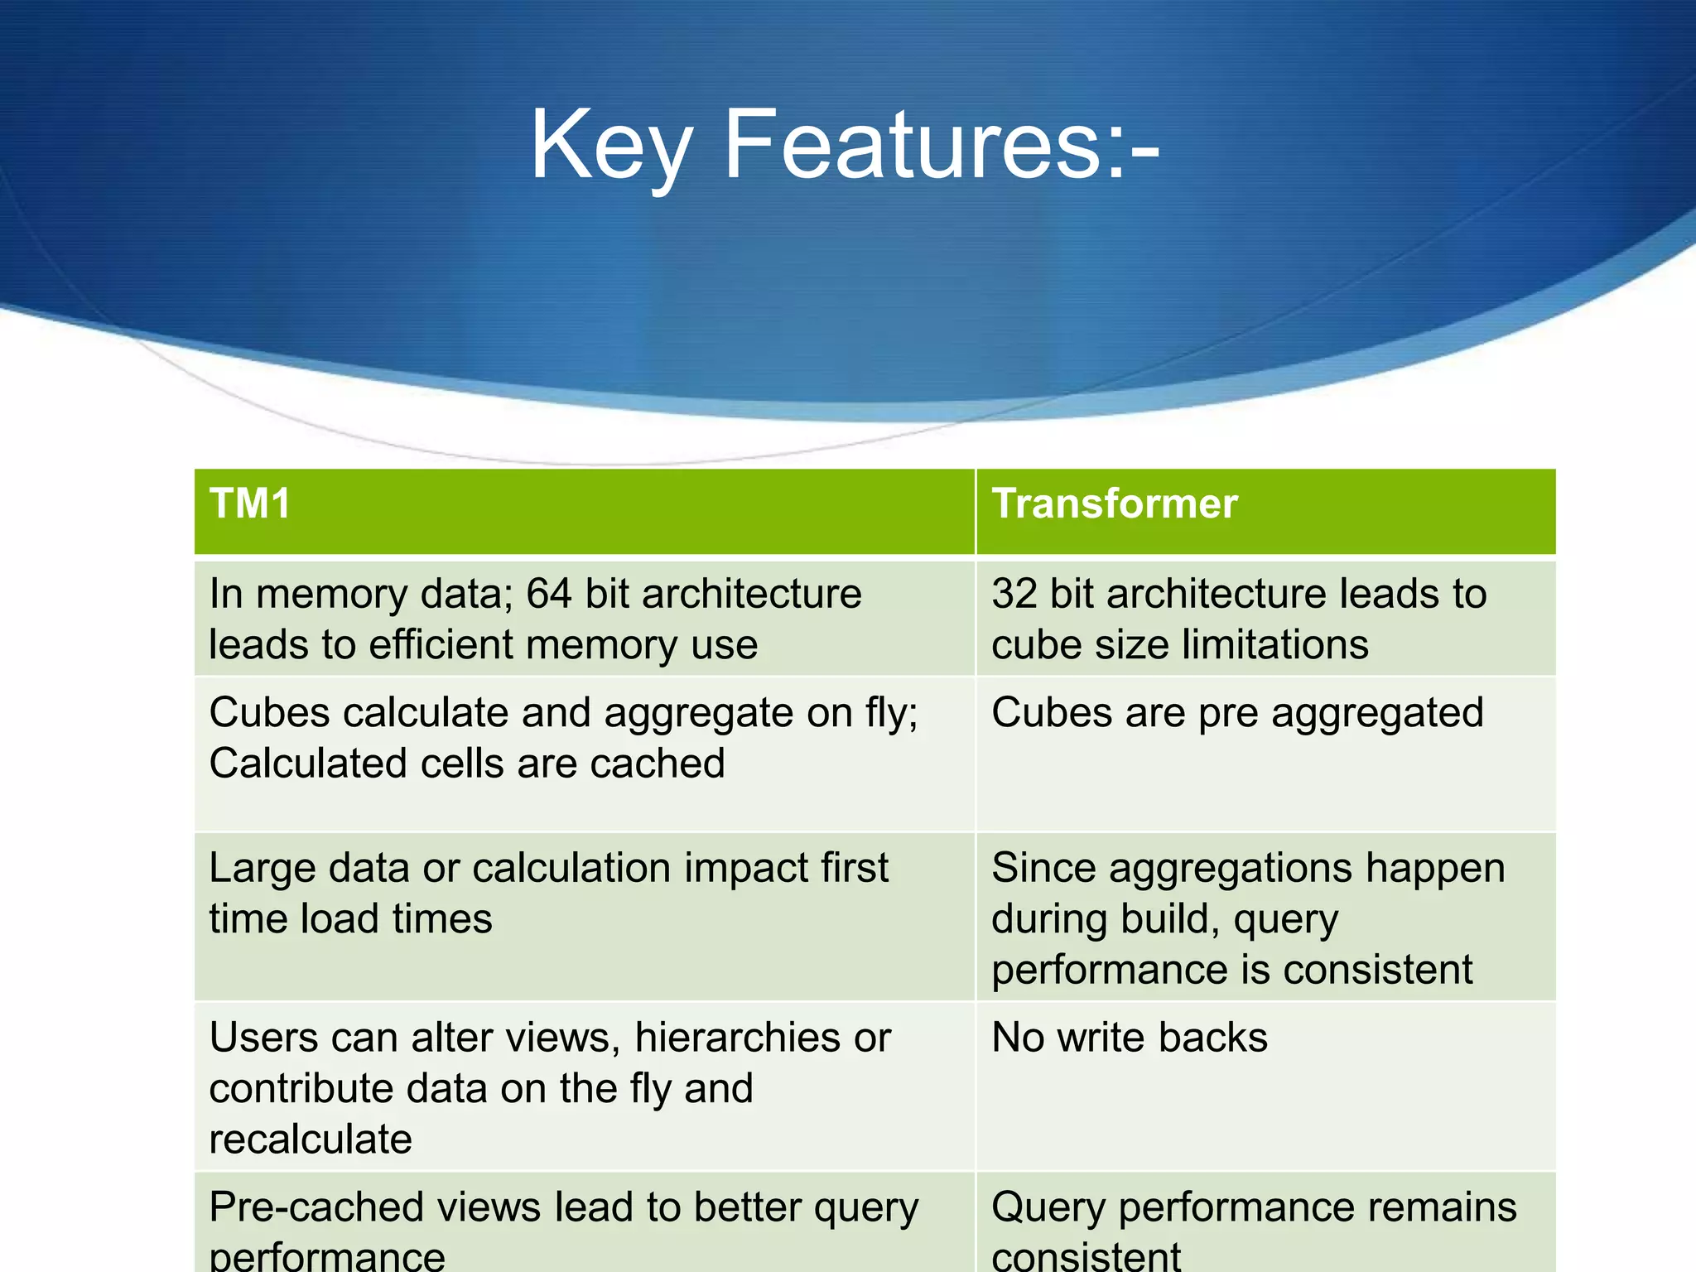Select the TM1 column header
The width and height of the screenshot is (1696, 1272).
[x=249, y=503]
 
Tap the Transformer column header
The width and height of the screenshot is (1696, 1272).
[x=1115, y=503]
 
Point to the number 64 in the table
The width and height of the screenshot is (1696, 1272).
[x=548, y=594]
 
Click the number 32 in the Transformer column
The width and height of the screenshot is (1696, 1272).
[x=1014, y=594]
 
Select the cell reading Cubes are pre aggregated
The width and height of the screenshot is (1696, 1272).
[x=1237, y=712]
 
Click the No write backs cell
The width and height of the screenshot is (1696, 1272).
[x=1130, y=1037]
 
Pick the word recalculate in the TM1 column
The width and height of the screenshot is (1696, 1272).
[x=311, y=1139]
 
